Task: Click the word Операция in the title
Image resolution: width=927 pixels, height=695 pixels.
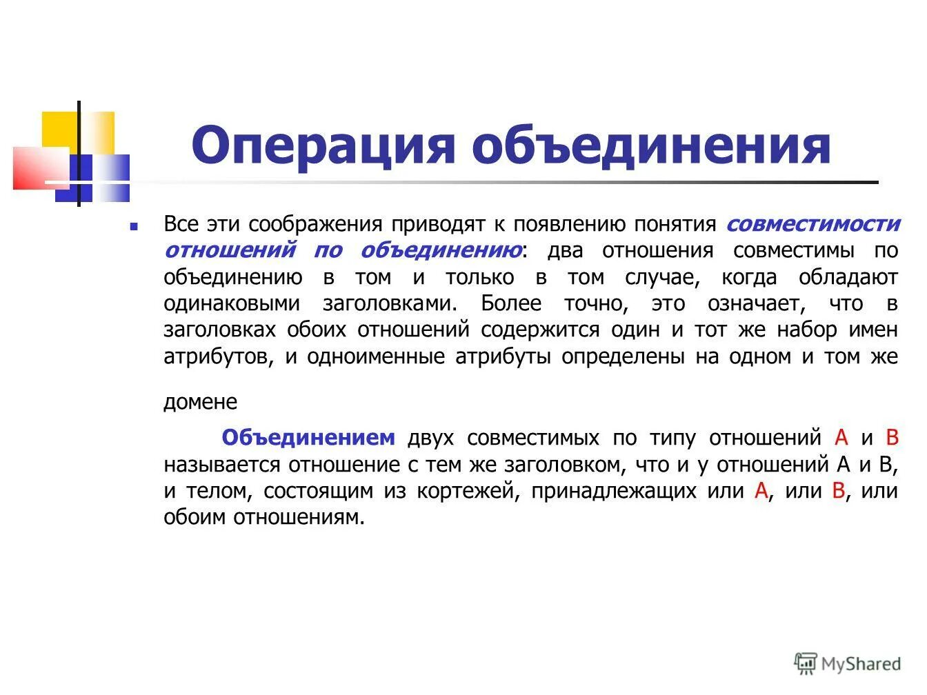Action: tap(323, 145)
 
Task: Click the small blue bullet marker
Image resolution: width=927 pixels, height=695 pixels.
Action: tap(134, 225)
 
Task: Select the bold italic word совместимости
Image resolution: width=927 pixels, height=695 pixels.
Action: tap(813, 224)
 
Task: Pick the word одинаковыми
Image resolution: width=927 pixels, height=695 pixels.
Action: tap(232, 303)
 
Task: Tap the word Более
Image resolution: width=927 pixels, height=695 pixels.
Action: tap(510, 303)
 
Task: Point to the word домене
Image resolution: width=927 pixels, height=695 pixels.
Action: tap(200, 402)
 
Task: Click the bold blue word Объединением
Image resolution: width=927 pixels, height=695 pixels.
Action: tap(308, 438)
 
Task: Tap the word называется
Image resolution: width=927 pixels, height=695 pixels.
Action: tap(222, 465)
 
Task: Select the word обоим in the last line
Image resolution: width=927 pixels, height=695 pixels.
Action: tap(195, 517)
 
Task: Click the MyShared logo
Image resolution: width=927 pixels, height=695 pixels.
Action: tap(848, 663)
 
